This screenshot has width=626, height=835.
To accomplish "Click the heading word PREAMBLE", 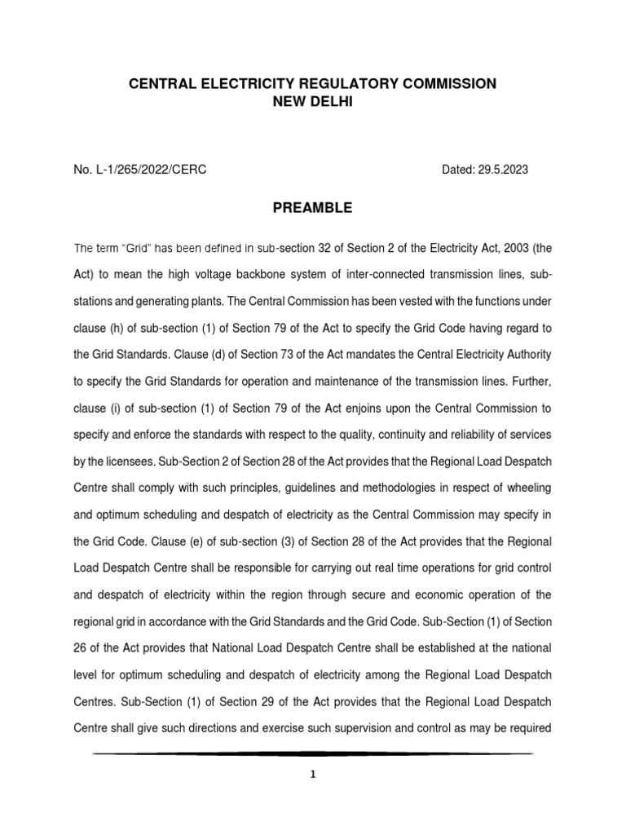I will pos(312,208).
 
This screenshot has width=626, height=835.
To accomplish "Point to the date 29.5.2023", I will pos(503,169).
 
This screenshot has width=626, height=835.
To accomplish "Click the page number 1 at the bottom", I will pos(312,775).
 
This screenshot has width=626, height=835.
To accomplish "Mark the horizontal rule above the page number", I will pos(312,753).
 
